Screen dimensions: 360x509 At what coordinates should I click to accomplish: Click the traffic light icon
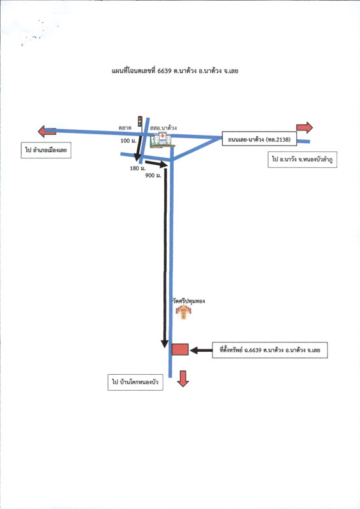pos(140,122)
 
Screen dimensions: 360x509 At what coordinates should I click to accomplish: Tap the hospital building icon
pos(162,140)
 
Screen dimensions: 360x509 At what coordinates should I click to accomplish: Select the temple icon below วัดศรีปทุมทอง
pos(183,312)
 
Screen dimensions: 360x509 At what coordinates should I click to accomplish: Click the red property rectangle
pos(180,349)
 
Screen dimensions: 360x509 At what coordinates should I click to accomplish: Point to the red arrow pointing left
pos(46,131)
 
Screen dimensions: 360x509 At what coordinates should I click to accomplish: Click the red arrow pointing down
pos(183,379)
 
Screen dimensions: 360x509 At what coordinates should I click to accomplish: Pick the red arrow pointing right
pos(305,128)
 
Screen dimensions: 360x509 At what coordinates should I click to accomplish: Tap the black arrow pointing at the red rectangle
pos(201,351)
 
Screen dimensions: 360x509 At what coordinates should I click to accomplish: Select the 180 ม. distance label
pos(137,168)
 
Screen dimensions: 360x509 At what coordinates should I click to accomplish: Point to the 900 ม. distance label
pos(153,176)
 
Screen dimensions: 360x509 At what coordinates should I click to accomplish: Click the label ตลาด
pos(125,128)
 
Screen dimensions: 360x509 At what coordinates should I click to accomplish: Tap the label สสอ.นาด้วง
pos(163,128)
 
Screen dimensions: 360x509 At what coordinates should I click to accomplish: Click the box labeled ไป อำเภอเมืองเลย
pos(46,150)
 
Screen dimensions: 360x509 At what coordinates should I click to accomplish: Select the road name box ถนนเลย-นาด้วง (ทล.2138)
pos(260,139)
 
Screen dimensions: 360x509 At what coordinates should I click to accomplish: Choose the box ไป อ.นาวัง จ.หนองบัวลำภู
pos(302,160)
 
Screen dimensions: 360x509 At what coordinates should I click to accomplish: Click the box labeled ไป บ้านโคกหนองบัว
pos(135,382)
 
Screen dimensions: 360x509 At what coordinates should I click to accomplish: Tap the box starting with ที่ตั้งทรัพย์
pos(270,351)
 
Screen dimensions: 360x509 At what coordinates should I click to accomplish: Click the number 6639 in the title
pos(164,71)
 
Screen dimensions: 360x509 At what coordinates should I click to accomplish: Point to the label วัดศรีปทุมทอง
pos(189,301)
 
